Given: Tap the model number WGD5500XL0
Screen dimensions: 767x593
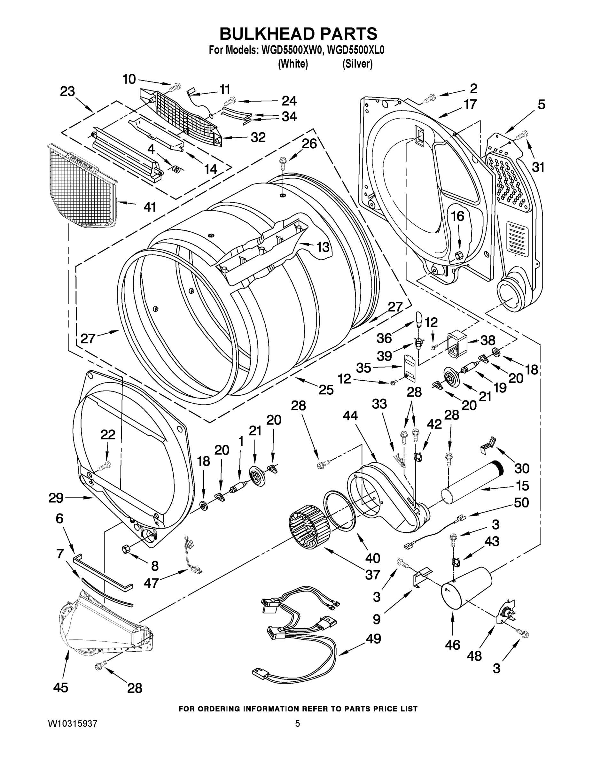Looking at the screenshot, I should [355, 50].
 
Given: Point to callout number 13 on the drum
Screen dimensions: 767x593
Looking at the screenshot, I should [323, 247].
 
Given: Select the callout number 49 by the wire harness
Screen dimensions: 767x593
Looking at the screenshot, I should [373, 638].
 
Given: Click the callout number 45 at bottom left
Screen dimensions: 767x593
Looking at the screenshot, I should [60, 687].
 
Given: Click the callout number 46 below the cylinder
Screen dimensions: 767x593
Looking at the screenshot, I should [452, 645].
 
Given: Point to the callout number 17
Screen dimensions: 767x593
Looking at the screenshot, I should [470, 104].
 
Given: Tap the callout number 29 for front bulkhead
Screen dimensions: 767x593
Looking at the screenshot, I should [56, 498].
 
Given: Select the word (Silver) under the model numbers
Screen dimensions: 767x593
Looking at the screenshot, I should [357, 64].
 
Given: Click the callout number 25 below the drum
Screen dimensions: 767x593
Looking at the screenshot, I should [326, 390].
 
